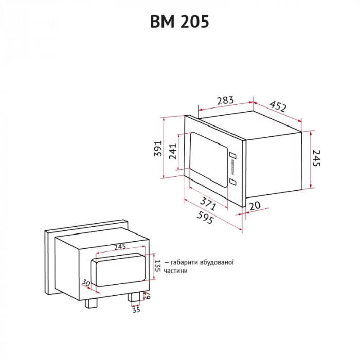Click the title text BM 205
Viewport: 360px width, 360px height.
[x=179, y=22]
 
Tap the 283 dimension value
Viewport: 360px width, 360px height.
[x=225, y=100]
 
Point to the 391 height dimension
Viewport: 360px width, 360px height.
[x=158, y=148]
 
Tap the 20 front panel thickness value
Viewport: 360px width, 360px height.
[x=254, y=206]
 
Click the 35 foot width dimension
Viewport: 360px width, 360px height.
[x=136, y=310]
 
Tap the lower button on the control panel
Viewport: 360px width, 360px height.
[x=232, y=182]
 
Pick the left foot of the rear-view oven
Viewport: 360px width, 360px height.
[x=92, y=302]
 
